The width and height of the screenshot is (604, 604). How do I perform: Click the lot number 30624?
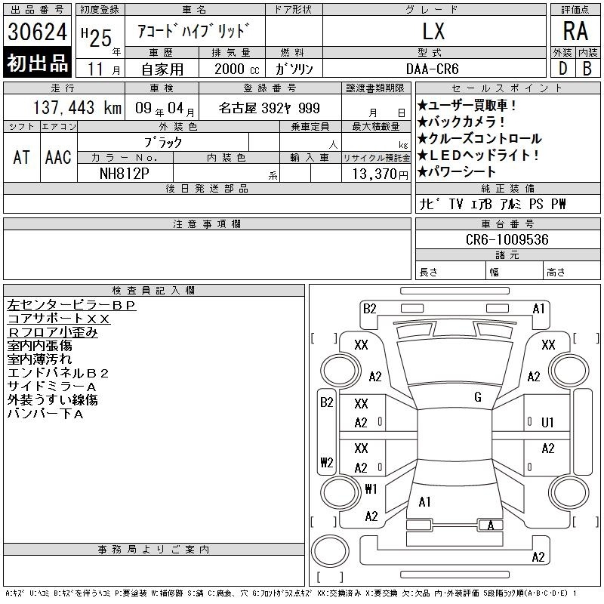[x=37, y=32]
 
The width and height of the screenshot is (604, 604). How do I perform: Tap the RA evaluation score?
[x=575, y=31]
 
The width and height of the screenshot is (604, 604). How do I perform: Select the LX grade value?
[x=433, y=31]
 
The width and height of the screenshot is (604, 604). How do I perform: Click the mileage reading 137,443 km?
[x=77, y=107]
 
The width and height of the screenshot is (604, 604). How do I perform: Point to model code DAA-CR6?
[x=432, y=69]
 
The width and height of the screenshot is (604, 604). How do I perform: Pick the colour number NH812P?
[x=124, y=174]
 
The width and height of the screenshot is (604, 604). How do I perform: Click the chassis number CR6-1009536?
[x=507, y=239]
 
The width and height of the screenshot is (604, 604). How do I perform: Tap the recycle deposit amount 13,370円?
[x=381, y=174]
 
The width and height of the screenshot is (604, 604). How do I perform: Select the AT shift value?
[x=22, y=158]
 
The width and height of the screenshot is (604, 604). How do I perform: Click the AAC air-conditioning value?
[x=58, y=158]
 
